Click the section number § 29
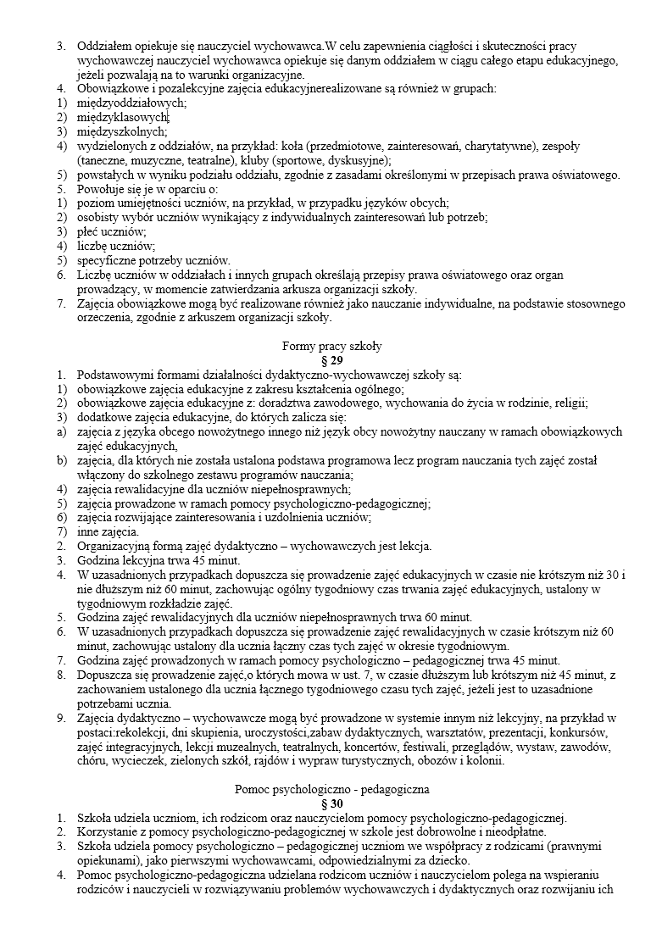click(x=331, y=359)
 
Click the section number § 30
click(x=331, y=803)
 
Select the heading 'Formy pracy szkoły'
click(x=331, y=346)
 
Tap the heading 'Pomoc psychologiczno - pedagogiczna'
click(x=331, y=789)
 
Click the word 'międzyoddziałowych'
click(x=131, y=102)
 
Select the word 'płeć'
click(x=89, y=231)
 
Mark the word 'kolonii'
click(x=485, y=760)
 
